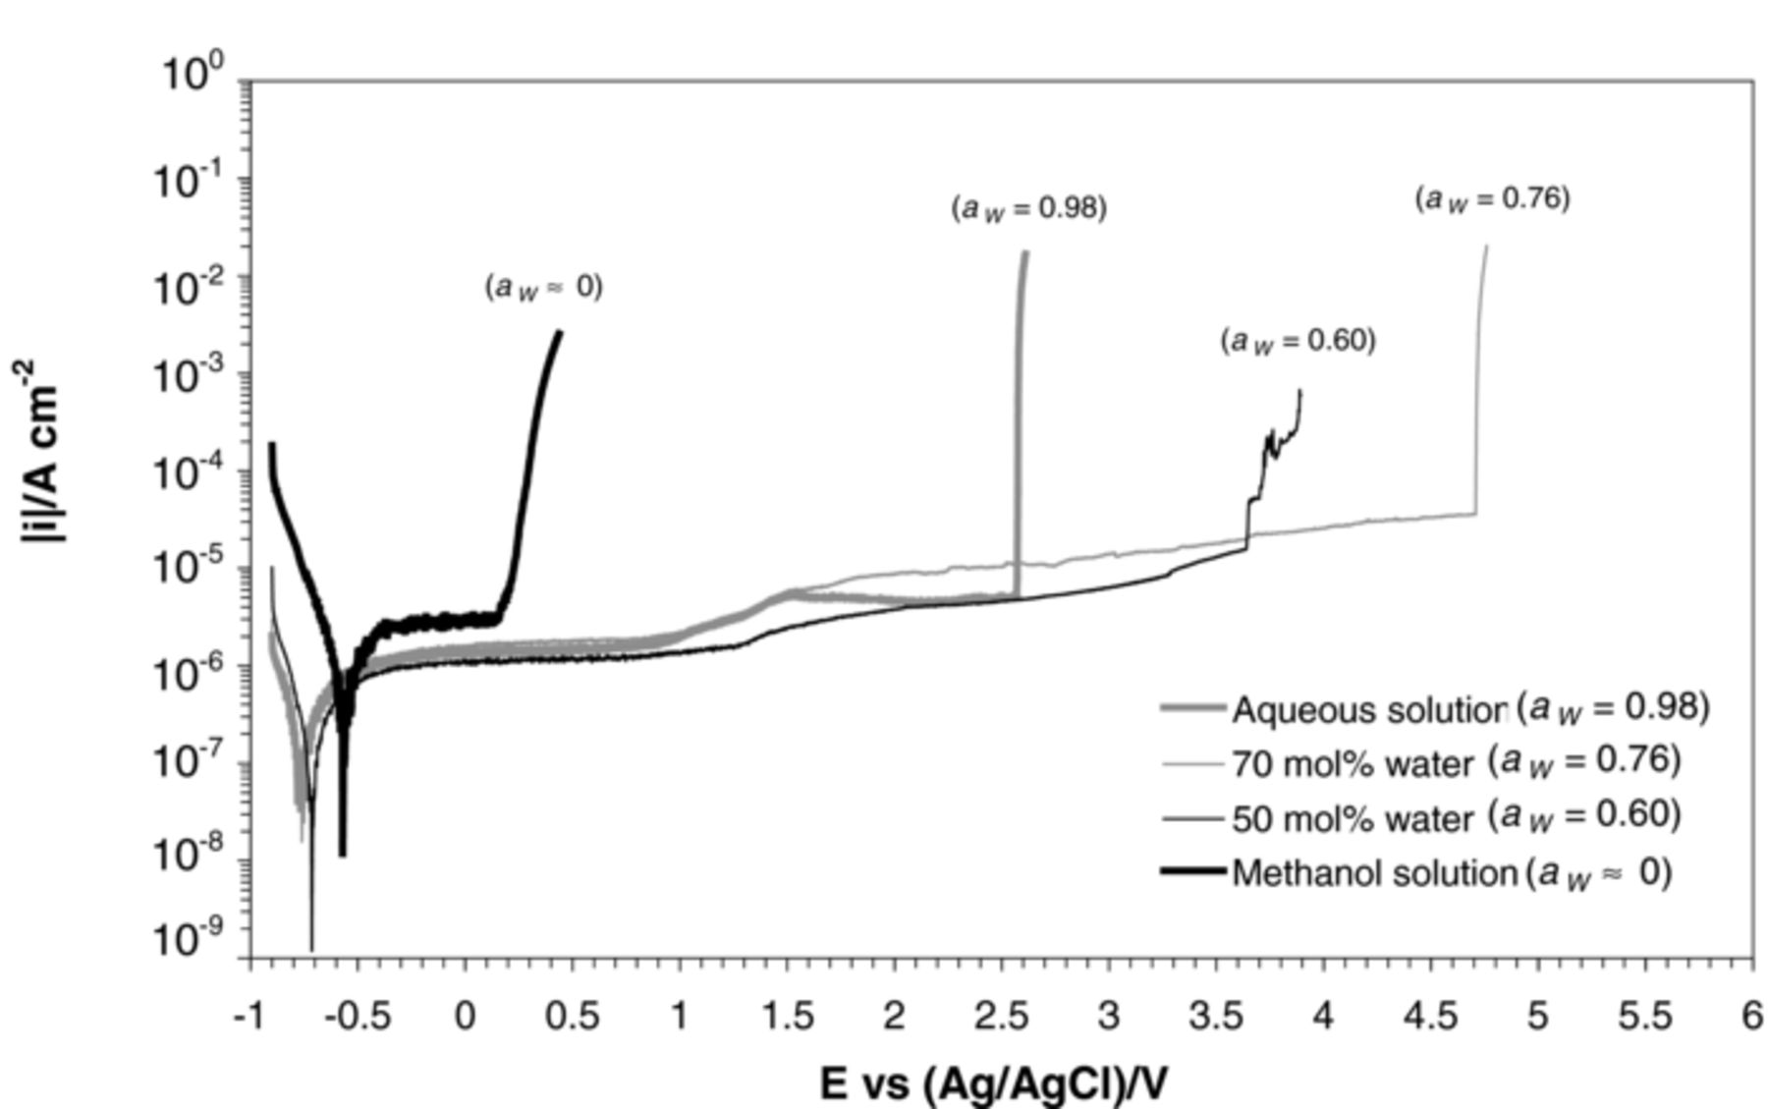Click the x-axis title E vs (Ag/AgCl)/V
click(x=994, y=1083)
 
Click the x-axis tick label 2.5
click(x=1001, y=1016)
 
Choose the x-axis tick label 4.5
click(x=1430, y=1016)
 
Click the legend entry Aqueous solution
click(x=1369, y=709)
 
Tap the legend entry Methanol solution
click(x=1374, y=872)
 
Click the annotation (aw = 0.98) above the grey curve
click(x=1028, y=208)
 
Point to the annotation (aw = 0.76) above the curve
click(x=1492, y=198)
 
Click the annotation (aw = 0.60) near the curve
click(x=1298, y=341)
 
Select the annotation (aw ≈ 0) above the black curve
click(x=543, y=287)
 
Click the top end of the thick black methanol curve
click(x=560, y=332)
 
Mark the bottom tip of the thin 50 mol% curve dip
click(x=311, y=949)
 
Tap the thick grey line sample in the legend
click(x=1192, y=708)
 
